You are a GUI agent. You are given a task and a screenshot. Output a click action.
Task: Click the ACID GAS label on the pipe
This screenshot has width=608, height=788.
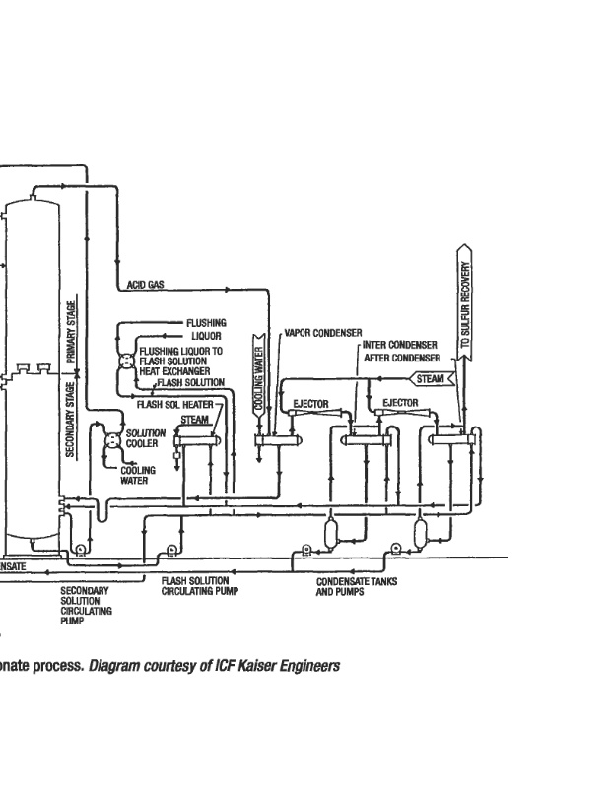(x=146, y=285)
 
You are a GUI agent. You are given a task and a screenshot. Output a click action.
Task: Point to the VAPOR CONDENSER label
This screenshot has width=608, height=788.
(x=323, y=333)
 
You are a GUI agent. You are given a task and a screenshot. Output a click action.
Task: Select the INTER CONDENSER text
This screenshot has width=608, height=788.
(x=400, y=346)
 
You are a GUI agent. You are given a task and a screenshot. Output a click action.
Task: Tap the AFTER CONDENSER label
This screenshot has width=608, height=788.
(x=400, y=358)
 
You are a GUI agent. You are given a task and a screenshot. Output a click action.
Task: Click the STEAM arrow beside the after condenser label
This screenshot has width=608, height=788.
(x=432, y=378)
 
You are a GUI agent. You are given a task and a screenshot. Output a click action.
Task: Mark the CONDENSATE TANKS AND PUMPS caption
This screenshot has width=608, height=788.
(x=356, y=587)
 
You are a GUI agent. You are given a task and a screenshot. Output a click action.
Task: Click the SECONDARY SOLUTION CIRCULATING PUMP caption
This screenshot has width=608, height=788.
(x=86, y=605)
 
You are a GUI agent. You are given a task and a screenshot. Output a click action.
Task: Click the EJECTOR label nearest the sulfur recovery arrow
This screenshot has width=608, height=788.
(x=400, y=403)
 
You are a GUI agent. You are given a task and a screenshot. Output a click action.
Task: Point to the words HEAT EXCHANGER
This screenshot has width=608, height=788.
(x=174, y=371)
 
